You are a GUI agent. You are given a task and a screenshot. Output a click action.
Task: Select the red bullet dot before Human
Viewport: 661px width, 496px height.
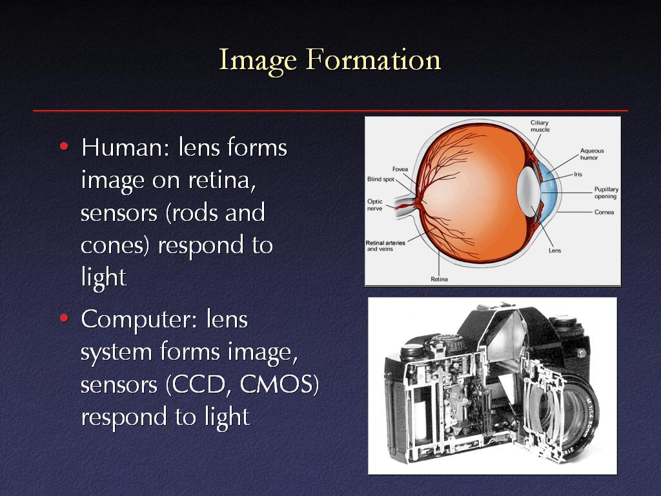click(64, 147)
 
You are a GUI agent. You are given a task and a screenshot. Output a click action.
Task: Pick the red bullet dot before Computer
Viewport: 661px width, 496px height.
click(64, 318)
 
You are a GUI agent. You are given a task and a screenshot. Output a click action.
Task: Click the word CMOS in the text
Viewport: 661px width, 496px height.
click(279, 385)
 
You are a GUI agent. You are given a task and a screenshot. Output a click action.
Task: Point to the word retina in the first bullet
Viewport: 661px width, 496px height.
click(222, 180)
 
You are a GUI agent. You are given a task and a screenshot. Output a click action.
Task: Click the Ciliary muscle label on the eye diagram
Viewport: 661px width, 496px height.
click(540, 126)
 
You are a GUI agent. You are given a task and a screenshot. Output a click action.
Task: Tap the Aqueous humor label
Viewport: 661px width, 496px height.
click(591, 154)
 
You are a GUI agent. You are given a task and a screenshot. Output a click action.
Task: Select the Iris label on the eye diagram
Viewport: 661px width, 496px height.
click(578, 174)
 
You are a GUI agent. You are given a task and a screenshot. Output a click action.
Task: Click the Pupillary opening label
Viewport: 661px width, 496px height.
click(605, 192)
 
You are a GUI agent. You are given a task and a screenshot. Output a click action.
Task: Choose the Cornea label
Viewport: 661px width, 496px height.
click(604, 212)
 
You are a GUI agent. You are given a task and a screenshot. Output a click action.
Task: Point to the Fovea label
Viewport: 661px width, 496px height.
click(400, 169)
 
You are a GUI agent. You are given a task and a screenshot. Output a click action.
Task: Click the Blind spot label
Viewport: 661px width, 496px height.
click(381, 180)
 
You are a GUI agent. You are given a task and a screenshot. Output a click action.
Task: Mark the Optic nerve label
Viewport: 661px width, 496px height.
click(375, 205)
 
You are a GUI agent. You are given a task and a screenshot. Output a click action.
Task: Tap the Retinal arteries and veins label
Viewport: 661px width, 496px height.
click(385, 246)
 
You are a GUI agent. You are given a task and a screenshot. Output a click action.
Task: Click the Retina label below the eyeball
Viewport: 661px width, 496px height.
click(439, 279)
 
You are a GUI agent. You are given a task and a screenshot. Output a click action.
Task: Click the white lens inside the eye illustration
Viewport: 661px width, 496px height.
click(529, 192)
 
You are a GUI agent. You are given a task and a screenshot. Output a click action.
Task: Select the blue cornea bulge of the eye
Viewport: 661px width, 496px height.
click(549, 192)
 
